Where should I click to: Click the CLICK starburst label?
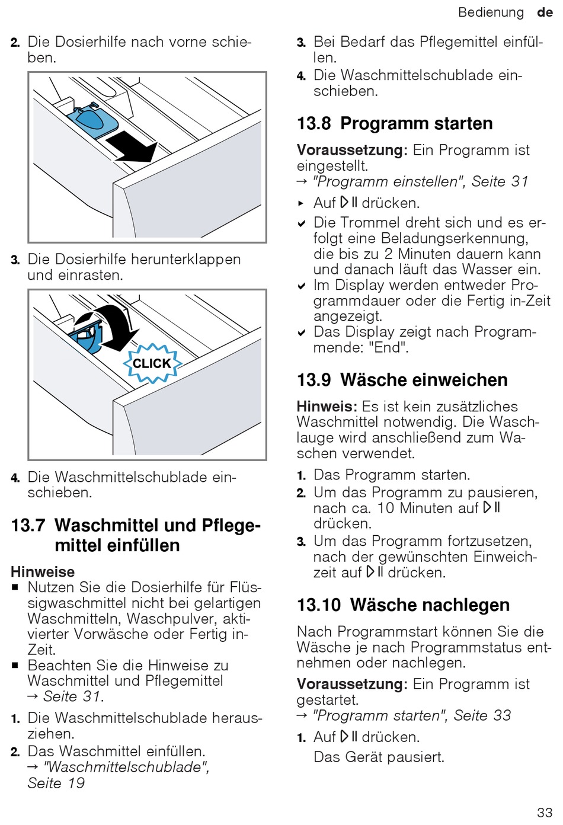pos(152,363)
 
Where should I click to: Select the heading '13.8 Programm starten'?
pos(395,123)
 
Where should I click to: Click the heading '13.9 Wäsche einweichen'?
pos(402,380)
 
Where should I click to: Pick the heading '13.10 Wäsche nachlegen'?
pos(403,605)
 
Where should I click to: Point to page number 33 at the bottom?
pos(544,812)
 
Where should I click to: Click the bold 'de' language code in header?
pos(545,12)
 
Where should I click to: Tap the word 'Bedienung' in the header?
pos(491,12)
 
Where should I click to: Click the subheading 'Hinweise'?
pos(43,572)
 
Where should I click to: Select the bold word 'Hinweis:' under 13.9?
pos(327,407)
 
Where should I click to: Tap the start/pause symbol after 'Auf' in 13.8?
pos(349,203)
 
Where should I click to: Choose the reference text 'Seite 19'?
pos(56,783)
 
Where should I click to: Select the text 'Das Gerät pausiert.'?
pos(379,757)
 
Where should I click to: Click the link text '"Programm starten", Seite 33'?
pos(411,715)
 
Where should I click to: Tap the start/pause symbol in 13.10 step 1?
pos(349,737)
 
